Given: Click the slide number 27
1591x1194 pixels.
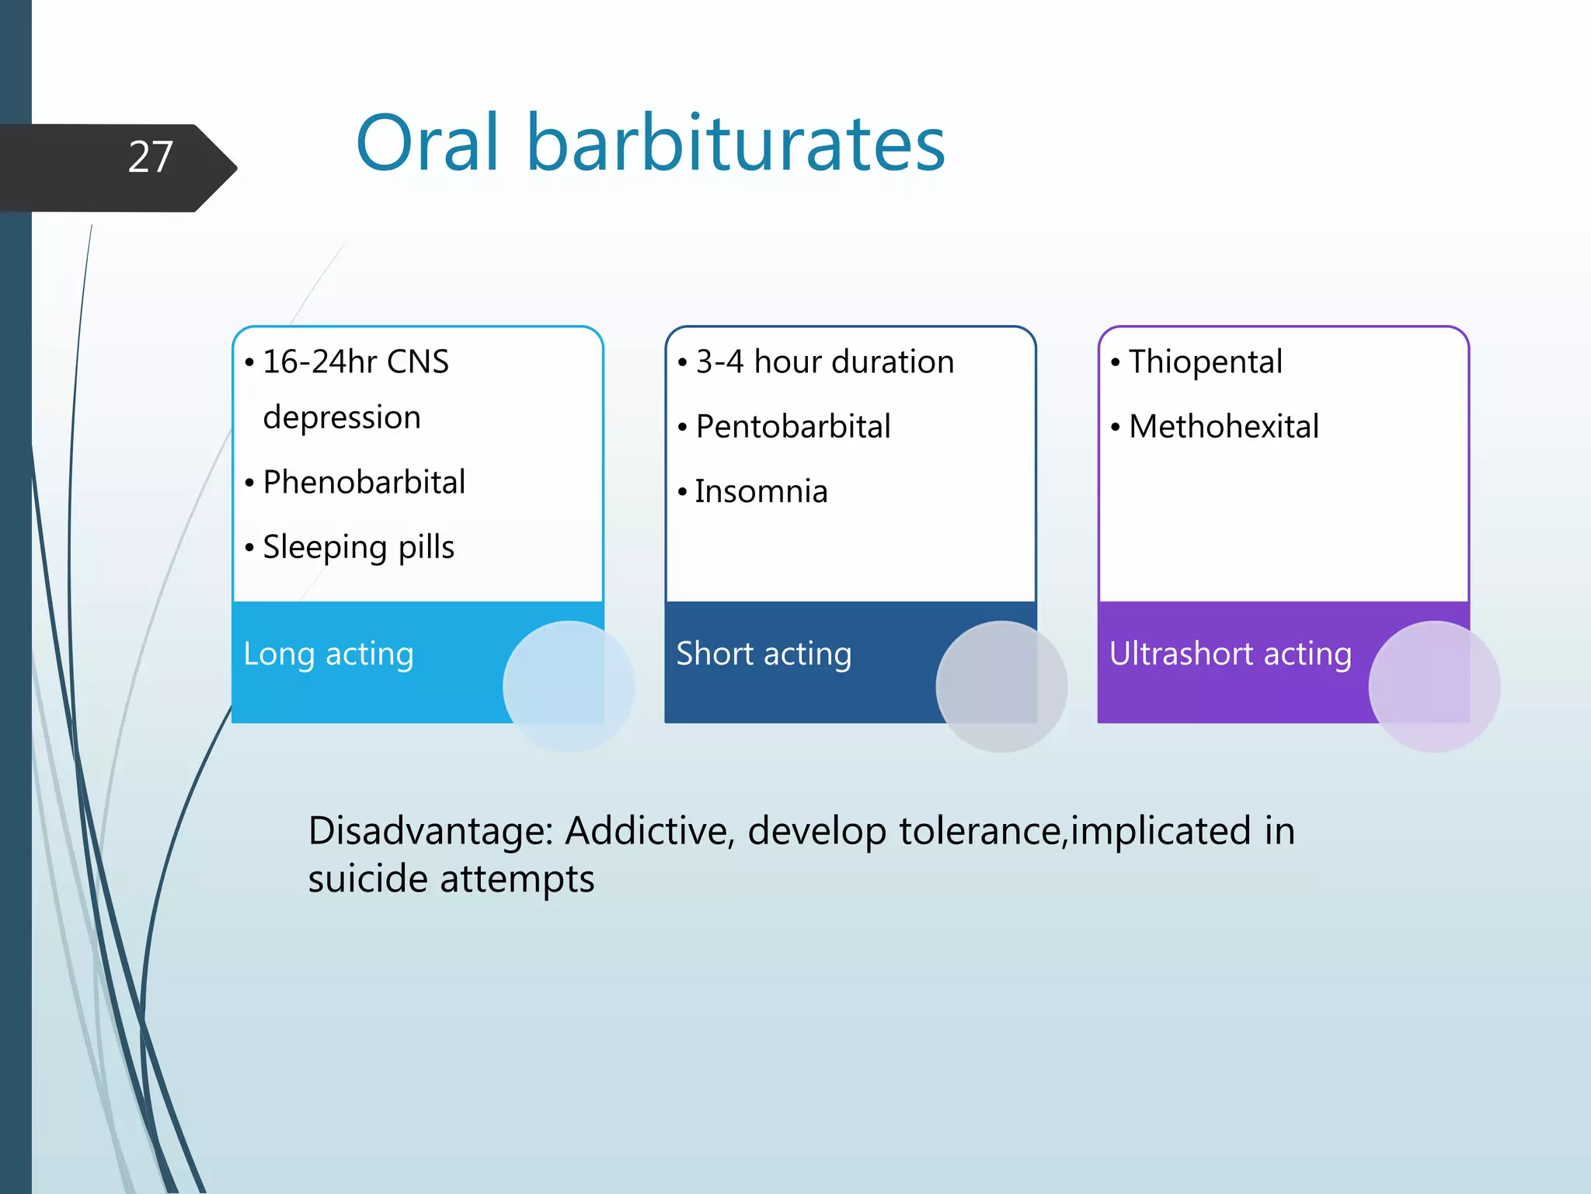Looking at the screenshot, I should pos(150,158).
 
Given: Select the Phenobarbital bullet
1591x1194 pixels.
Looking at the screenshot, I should pos(364,483).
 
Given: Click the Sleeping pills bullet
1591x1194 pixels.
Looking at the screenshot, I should pos(358,547).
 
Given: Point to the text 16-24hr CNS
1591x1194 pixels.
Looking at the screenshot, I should pos(356,362).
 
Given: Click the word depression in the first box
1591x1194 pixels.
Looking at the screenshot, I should pos(342,418).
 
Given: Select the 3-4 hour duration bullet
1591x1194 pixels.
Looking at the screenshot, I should pos(824,362).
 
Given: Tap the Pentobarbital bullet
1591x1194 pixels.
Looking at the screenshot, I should pos(792,427).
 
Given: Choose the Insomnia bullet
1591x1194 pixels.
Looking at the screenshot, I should pos(761,492).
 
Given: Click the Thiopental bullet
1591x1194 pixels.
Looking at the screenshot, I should pos(1205,362).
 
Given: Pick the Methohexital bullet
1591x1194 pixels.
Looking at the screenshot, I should pos(1224,427).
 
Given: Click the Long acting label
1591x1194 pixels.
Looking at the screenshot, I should pos(329,654).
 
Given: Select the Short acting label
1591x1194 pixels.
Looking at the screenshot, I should pos(764,654).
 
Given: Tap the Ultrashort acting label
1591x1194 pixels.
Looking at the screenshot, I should pos(1230,654).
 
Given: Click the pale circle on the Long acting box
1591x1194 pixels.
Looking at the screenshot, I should pos(569,686).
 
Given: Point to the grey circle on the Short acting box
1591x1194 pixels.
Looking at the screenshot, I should pos(1001,686).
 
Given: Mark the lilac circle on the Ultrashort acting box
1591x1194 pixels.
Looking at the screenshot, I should pos(1434,686).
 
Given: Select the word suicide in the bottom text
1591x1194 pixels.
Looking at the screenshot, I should pos(367,879).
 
